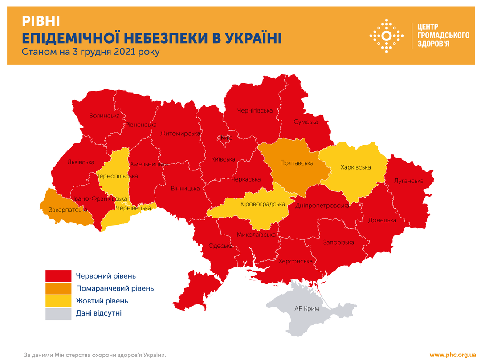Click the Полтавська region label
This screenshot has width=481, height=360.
(297, 163)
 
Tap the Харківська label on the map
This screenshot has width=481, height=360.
(355, 167)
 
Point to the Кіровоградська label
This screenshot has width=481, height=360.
(262, 204)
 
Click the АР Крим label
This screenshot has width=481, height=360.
(307, 308)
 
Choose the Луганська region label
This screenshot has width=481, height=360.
(408, 181)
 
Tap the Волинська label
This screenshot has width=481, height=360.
(104, 116)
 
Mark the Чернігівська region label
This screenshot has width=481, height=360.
(254, 110)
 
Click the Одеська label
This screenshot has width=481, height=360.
(220, 246)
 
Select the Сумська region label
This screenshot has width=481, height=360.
(306, 121)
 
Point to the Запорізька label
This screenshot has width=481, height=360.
(338, 242)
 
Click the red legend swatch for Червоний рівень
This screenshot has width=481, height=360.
(58, 276)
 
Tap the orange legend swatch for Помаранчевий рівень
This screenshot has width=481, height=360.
(58, 288)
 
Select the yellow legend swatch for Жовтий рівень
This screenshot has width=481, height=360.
(58, 301)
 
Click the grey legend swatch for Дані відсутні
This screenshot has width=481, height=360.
(58, 313)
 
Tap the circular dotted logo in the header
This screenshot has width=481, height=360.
(387, 36)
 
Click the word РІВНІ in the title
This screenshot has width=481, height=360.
(41, 20)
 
